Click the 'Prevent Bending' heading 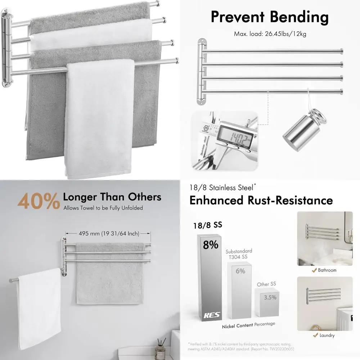[270, 17]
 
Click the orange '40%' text [39, 202]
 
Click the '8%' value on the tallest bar [210, 245]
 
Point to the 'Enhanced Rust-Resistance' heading [261, 200]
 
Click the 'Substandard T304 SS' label [239, 253]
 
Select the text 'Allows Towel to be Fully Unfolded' [103, 208]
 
